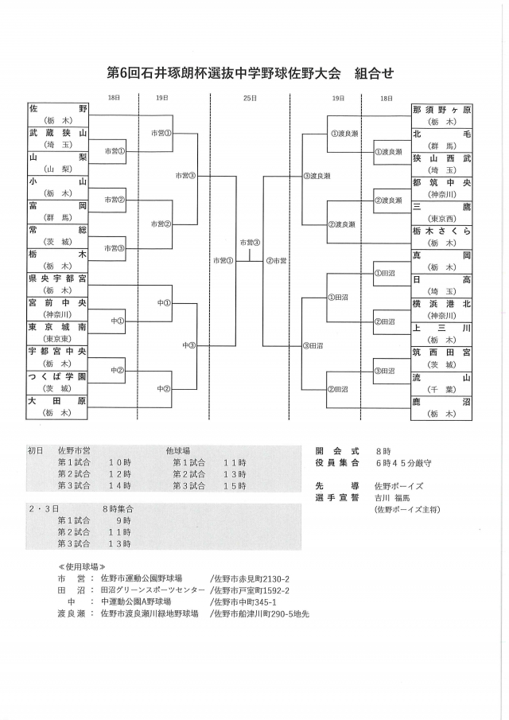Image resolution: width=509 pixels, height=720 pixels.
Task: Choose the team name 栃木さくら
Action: coord(441,231)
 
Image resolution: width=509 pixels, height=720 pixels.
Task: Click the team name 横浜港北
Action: coord(441,304)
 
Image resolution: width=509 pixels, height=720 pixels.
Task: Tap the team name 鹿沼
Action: coord(441,402)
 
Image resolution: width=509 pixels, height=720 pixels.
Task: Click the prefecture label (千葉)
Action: coord(441,390)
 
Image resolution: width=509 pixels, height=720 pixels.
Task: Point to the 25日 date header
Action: coord(250,97)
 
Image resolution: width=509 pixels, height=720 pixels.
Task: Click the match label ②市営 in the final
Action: coord(277,260)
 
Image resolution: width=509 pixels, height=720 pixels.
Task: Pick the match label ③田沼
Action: coord(313,345)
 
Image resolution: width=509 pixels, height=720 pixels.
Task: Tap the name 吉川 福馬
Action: coord(393,498)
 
